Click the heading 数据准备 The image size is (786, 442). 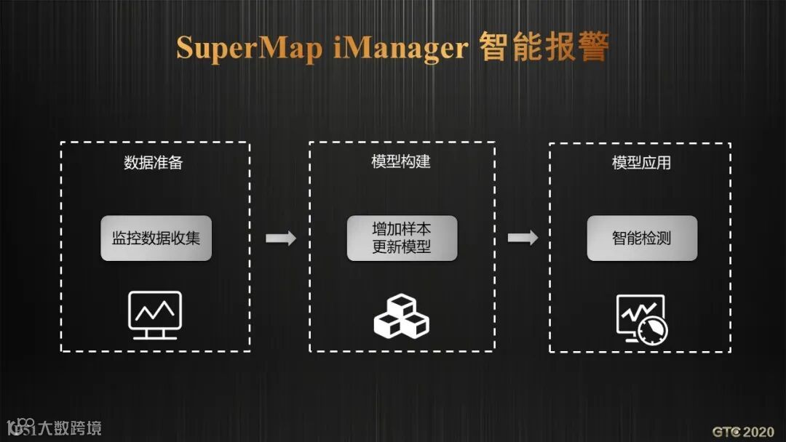pos(154,163)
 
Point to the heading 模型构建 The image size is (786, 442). pos(401,161)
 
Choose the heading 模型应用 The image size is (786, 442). pos(641,163)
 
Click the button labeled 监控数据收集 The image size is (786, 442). pos(156,238)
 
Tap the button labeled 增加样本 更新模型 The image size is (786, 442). pos(402,238)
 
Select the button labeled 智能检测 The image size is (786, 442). pos(642,238)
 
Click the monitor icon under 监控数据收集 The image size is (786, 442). pos(155,314)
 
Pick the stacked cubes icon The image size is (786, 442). pos(401,316)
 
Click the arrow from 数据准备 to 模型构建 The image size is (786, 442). pos(280,238)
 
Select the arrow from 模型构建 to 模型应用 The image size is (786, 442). pos(523,238)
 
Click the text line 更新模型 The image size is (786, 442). pos(402,247)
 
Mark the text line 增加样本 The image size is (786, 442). pos(402,229)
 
